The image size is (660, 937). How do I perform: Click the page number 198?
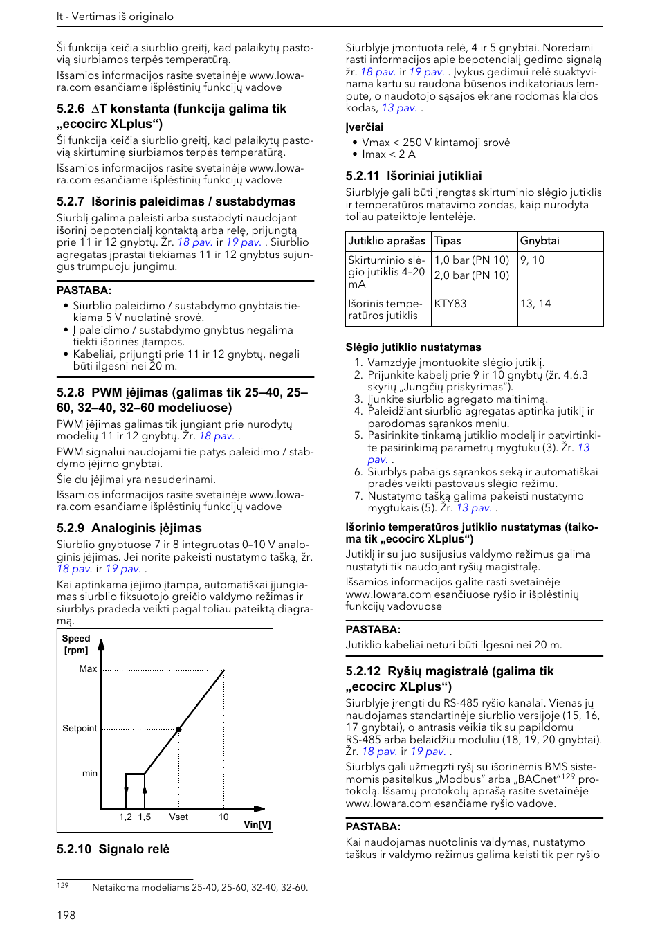(x=66, y=915)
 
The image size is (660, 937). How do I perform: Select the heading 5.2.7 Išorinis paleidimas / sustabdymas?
(x=176, y=201)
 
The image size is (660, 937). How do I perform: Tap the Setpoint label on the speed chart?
(x=80, y=729)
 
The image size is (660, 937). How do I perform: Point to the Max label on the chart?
(x=88, y=669)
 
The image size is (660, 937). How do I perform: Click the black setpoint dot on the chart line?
(x=178, y=729)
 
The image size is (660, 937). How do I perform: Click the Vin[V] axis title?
(x=257, y=824)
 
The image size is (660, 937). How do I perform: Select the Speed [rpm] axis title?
(x=75, y=644)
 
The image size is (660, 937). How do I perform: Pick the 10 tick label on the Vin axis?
(x=223, y=817)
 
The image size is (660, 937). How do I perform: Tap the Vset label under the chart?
(x=178, y=817)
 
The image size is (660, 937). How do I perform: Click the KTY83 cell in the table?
(x=450, y=304)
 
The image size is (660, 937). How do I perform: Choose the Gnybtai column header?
(x=540, y=241)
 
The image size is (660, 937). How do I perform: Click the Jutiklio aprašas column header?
(x=387, y=241)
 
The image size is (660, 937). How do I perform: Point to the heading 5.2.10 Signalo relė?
(x=113, y=849)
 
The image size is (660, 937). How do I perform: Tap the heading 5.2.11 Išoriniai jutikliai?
(x=414, y=176)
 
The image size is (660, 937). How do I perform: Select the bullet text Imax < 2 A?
(x=389, y=154)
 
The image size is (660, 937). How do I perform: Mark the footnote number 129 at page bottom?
(x=63, y=885)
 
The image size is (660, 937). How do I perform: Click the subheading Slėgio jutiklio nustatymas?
(x=413, y=347)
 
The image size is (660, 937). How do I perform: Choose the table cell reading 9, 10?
(x=533, y=260)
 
